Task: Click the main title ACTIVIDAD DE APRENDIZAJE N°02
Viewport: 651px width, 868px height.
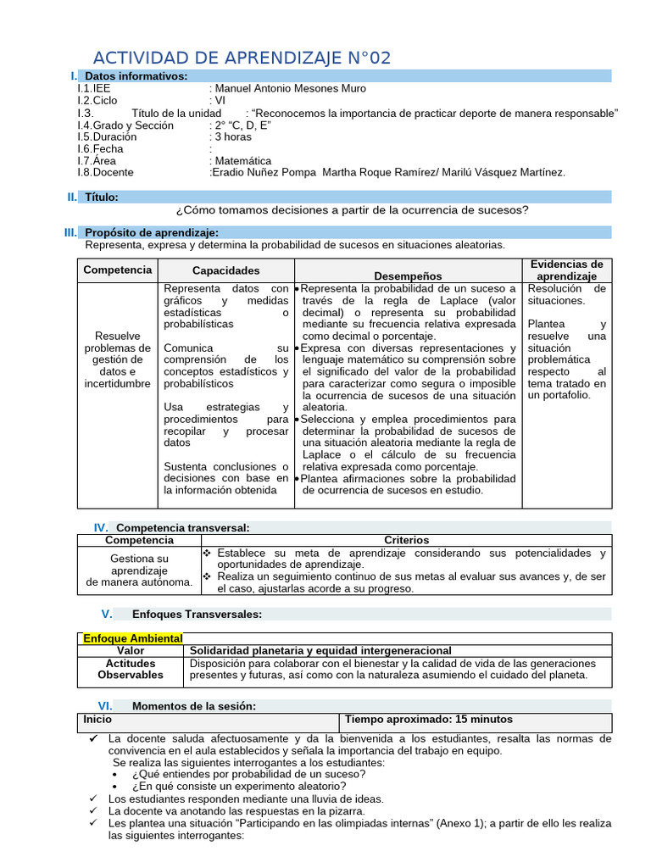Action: coord(242,58)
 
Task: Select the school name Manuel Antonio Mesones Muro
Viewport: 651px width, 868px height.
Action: coord(291,88)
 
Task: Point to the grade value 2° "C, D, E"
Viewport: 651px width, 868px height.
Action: coord(242,125)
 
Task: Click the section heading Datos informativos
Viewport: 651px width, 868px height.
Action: coord(136,76)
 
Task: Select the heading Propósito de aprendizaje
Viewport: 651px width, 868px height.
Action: coord(152,232)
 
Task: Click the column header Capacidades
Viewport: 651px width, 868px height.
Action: coord(226,270)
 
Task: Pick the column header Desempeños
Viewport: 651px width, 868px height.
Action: coord(408,275)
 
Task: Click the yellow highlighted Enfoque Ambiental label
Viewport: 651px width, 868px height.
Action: coord(132,638)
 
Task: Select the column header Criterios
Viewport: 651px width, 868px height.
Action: coord(406,540)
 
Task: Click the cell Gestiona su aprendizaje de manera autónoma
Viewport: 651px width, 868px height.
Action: coord(140,570)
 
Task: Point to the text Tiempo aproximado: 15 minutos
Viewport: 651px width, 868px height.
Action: coord(429,719)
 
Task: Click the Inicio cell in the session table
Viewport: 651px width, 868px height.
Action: coord(97,719)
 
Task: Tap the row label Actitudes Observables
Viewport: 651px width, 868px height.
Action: coord(131,669)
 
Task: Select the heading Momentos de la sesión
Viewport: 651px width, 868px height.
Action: coord(193,705)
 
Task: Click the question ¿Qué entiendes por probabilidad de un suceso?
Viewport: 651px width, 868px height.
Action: coord(249,774)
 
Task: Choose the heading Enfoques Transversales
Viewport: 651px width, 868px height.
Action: coord(197,614)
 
